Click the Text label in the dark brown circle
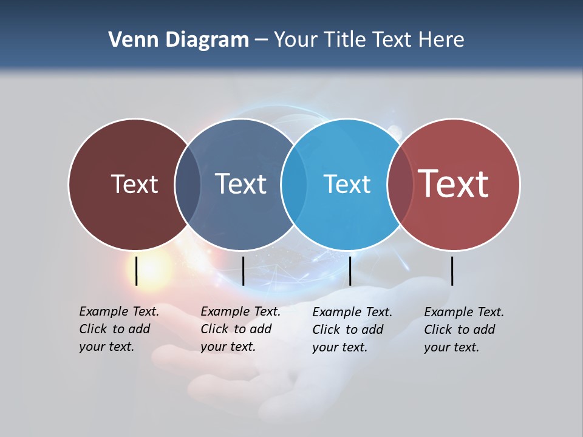134,184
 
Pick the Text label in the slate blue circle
240,184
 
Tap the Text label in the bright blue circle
347,184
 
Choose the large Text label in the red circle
454,184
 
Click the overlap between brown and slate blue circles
188,184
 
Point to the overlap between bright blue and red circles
400,184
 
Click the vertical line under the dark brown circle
137,271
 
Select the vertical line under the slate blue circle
243,271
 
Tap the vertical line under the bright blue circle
350,271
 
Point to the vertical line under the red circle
452,271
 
